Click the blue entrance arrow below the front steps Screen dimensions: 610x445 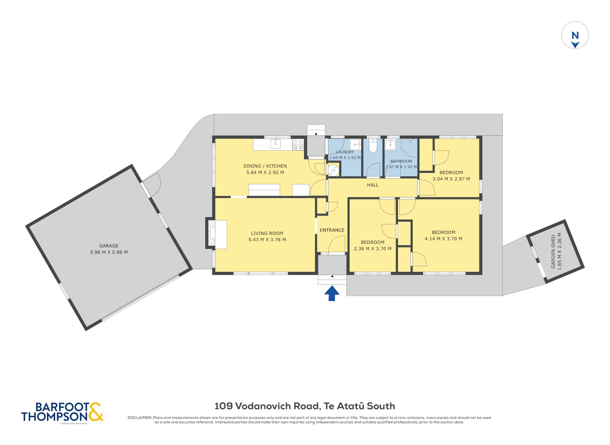[332, 293]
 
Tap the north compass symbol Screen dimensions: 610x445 [575, 35]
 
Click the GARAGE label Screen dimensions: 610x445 [109, 246]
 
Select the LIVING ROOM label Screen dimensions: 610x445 [267, 233]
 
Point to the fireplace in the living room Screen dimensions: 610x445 [216, 234]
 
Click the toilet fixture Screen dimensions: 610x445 [373, 145]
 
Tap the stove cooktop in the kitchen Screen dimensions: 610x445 [298, 145]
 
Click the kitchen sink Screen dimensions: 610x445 [276, 144]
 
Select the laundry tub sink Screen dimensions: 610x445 [355, 144]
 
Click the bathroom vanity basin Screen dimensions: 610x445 [390, 145]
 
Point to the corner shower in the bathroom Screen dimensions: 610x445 [409, 147]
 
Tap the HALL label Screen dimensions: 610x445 [373, 185]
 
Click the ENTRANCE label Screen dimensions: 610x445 [332, 230]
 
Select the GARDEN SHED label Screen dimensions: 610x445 [553, 252]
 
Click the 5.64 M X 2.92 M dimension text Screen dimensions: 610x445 [265, 172]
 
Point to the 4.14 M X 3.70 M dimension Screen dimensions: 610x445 [444, 239]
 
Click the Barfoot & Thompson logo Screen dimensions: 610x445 [62, 412]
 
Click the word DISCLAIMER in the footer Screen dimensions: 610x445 [140, 418]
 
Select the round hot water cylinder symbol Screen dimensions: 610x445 [333, 170]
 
